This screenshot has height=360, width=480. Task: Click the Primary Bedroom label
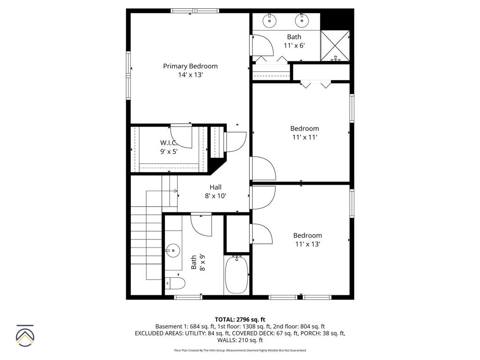[x=190, y=66]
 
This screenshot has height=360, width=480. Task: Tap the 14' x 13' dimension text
[x=190, y=75]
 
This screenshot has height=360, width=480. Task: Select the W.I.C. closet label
[x=169, y=142]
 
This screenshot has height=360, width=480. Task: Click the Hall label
[x=215, y=187]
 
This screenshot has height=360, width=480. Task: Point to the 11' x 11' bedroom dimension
[x=304, y=137]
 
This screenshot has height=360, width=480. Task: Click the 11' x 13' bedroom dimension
[x=307, y=244]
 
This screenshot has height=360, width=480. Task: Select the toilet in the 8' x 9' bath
[x=176, y=283]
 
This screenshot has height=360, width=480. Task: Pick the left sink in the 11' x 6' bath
[x=270, y=20]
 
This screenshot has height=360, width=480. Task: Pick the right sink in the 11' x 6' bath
[x=302, y=20]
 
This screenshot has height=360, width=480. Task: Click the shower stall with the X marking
[x=335, y=45]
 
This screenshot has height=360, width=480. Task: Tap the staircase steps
[x=146, y=234]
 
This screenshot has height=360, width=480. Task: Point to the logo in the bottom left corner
[x=25, y=335]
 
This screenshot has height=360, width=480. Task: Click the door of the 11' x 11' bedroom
[x=262, y=169]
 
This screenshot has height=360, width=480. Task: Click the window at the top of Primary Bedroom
[x=195, y=11]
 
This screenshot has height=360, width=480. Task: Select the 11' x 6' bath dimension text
[x=294, y=45]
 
